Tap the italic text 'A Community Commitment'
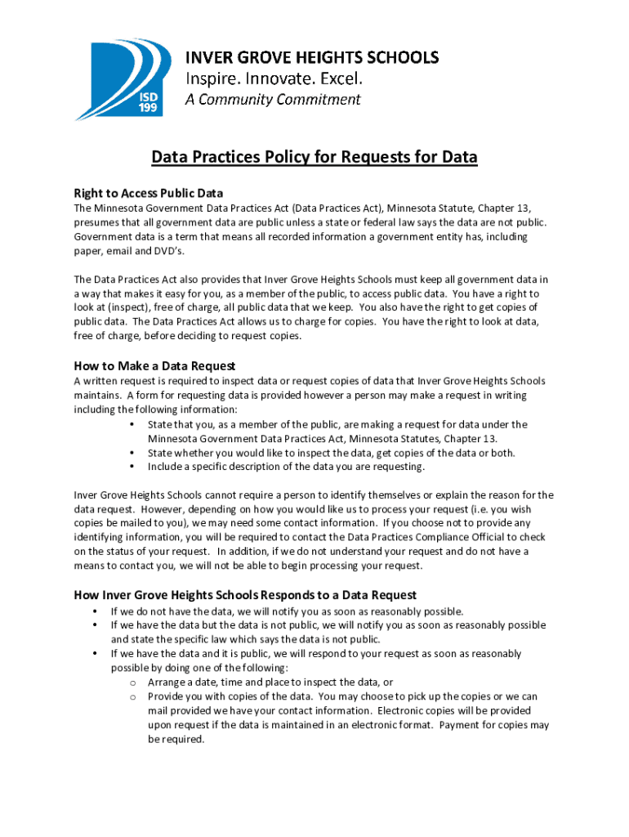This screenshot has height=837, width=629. tap(272, 100)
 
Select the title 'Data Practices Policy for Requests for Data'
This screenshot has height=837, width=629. tap(314, 157)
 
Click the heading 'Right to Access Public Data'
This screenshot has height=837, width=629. tap(149, 194)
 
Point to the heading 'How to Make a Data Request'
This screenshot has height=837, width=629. tap(154, 366)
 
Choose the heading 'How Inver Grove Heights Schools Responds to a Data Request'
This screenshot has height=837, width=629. tap(245, 595)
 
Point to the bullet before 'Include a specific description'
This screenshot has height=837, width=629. tap(132, 467)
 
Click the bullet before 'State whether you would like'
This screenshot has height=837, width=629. tap(132, 453)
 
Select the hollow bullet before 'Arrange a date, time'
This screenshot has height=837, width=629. tap(132, 683)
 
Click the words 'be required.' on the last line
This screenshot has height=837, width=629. tap(176, 739)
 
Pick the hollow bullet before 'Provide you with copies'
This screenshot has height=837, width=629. tap(132, 696)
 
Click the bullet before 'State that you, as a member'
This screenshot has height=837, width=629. tap(132, 424)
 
